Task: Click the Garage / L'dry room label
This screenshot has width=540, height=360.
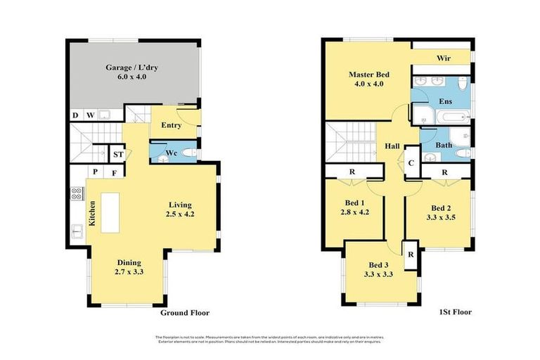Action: point(126,67)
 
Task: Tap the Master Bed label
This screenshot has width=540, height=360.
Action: point(368,75)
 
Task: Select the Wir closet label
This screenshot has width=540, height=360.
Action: point(443,58)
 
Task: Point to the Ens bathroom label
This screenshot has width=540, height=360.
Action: point(445,101)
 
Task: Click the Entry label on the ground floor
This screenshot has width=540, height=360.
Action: point(171,125)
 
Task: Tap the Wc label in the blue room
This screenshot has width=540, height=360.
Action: point(171,153)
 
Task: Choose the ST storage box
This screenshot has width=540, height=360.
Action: point(118,154)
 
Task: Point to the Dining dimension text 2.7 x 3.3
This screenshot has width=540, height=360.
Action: point(129,271)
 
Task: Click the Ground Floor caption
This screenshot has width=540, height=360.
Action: point(185,313)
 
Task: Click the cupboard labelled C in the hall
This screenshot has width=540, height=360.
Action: point(411,162)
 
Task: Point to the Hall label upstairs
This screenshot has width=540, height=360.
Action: point(392,146)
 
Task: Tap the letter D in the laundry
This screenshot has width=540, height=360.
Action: point(75,115)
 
